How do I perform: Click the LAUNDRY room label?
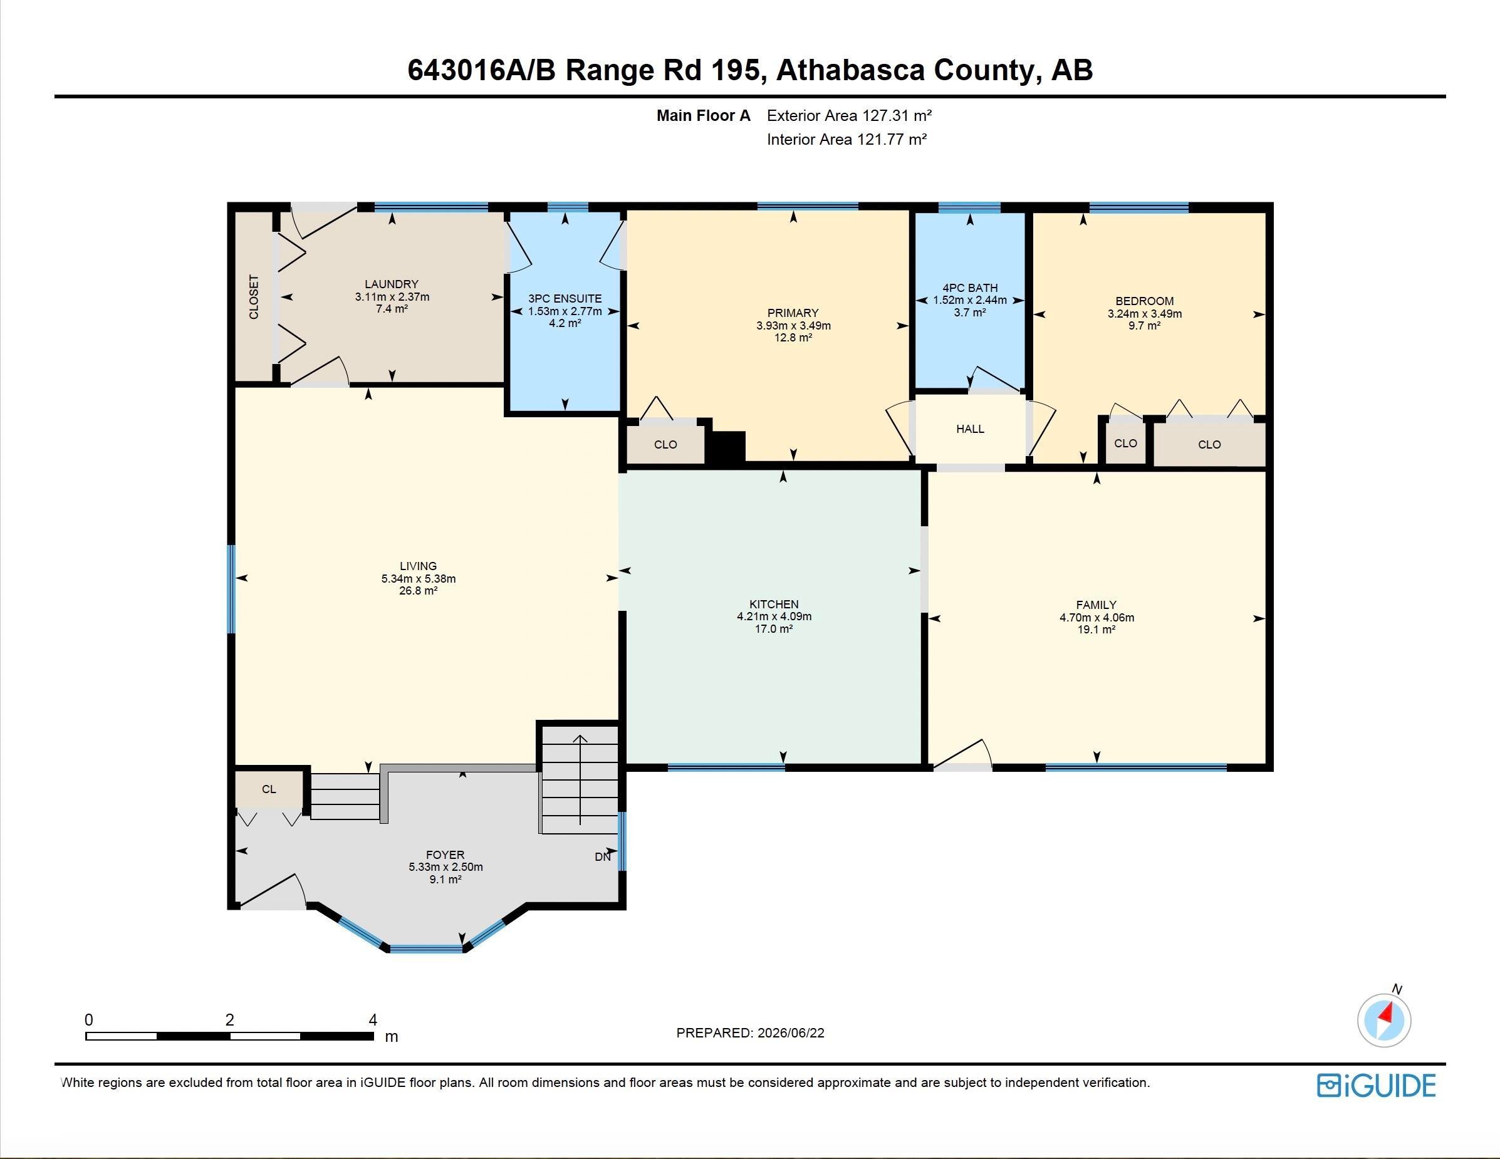tap(392, 284)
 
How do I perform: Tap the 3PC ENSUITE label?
tap(565, 299)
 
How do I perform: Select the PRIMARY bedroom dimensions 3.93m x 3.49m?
tap(793, 325)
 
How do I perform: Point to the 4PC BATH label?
tap(970, 288)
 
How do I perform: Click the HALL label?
tap(970, 429)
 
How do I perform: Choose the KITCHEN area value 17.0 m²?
tap(774, 628)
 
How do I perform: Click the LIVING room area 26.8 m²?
tap(419, 591)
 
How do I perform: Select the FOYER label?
tap(445, 855)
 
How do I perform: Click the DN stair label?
tap(602, 857)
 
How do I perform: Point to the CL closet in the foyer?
tap(269, 789)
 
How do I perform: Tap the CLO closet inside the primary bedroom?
tap(665, 444)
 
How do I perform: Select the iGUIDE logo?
tap(1377, 1085)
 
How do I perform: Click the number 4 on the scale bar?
tap(373, 1020)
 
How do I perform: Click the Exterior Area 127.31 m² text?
tap(849, 115)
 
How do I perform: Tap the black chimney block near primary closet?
tap(726, 447)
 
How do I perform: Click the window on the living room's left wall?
tap(231, 589)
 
